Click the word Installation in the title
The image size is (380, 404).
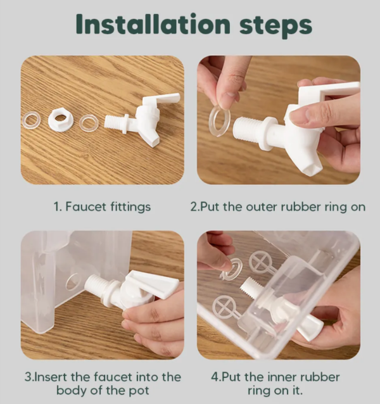click(x=153, y=24)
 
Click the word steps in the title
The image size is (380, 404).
click(x=275, y=27)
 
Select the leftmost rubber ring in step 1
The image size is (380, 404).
click(x=31, y=121)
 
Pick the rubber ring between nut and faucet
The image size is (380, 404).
click(x=89, y=123)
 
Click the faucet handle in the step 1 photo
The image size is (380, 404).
click(x=161, y=99)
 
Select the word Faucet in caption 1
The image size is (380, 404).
click(x=85, y=206)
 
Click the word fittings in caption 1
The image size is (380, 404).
click(x=130, y=207)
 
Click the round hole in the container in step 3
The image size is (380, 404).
click(x=72, y=282)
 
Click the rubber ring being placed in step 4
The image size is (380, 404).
click(x=231, y=269)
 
